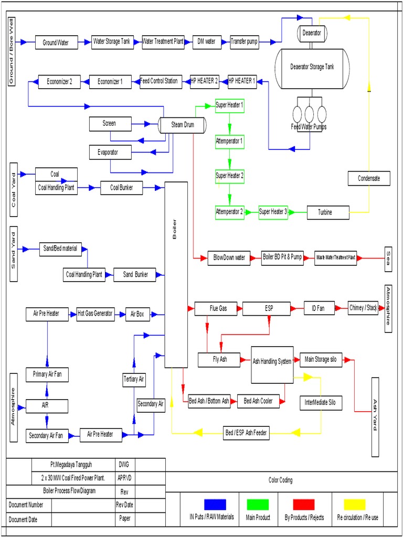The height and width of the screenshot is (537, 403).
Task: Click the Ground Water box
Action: pyautogui.click(x=56, y=42)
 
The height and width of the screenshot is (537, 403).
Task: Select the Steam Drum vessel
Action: pyautogui.click(x=182, y=125)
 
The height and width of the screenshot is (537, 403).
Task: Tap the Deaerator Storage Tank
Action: pyautogui.click(x=312, y=67)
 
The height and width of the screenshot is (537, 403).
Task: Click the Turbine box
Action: pyautogui.click(x=328, y=212)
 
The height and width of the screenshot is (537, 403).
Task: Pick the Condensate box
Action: pyautogui.click(x=369, y=178)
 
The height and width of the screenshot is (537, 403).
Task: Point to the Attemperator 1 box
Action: pyautogui.click(x=229, y=141)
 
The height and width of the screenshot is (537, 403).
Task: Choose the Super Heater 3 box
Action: pyautogui.click(x=273, y=212)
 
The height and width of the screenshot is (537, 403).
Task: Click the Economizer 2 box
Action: pyautogui.click(x=59, y=82)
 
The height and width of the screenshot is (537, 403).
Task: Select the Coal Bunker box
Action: pyautogui.click(x=121, y=187)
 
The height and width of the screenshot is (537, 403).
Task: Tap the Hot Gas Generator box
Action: pyautogui.click(x=95, y=314)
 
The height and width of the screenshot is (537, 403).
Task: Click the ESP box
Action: pyautogui.click(x=266, y=308)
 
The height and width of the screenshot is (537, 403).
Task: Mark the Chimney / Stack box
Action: pyautogui.click(x=363, y=308)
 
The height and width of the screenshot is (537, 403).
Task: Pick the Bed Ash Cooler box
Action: pyautogui.click(x=258, y=401)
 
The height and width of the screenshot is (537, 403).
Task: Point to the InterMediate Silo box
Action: pyautogui.click(x=321, y=403)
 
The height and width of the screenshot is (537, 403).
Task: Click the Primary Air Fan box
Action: pyautogui.click(x=47, y=375)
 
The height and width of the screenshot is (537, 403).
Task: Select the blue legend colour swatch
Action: pyautogui.click(x=215, y=504)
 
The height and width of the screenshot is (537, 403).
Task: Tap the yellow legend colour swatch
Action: pyautogui.click(x=354, y=504)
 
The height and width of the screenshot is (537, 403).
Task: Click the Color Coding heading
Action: pyautogui.click(x=280, y=480)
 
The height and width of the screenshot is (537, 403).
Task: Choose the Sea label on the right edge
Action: pyautogui.click(x=388, y=259)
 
